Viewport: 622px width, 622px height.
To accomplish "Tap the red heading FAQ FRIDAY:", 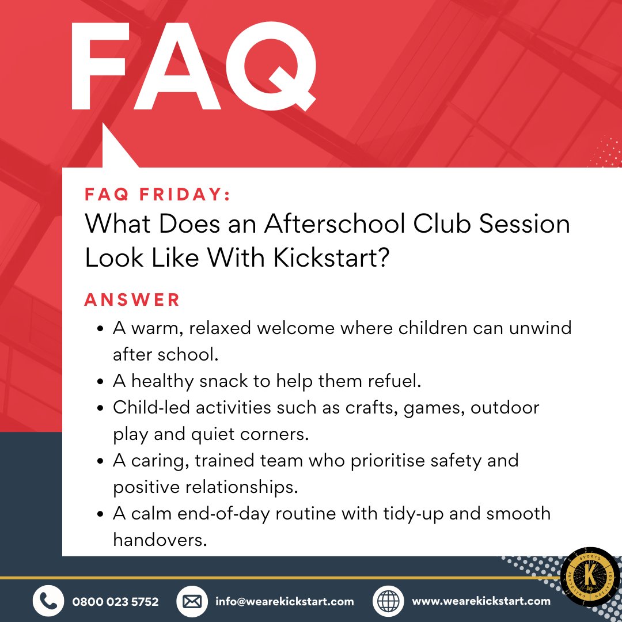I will [157, 195].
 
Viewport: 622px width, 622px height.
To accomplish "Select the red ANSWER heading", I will [132, 299].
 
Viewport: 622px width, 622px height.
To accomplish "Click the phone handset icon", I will [48, 601].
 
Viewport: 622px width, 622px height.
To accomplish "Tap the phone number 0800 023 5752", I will [115, 601].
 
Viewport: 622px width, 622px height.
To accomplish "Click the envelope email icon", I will [192, 601].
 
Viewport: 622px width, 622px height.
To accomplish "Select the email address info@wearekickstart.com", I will [285, 601].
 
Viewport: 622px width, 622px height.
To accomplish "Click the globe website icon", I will [389, 601].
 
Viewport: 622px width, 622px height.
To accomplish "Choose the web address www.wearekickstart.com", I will [481, 601].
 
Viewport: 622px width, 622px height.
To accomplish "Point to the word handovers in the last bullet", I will [160, 540].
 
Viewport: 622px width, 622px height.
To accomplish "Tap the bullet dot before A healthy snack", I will [101, 382].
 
